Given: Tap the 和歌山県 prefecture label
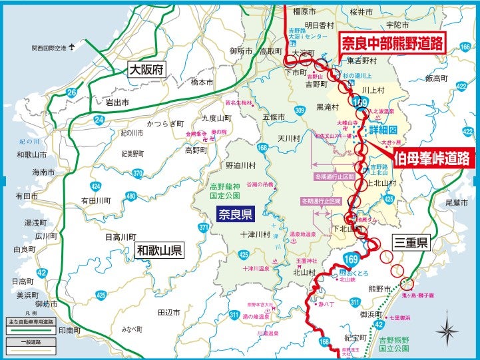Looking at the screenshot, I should click(160, 251).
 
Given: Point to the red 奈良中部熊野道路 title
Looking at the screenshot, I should click(392, 44).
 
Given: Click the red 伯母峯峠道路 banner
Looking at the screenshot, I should click(432, 158).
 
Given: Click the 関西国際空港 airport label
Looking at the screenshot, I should click(50, 48).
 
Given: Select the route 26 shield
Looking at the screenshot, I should click(71, 92).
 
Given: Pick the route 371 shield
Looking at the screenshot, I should click(204, 227).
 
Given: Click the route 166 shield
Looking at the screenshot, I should click(465, 47).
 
